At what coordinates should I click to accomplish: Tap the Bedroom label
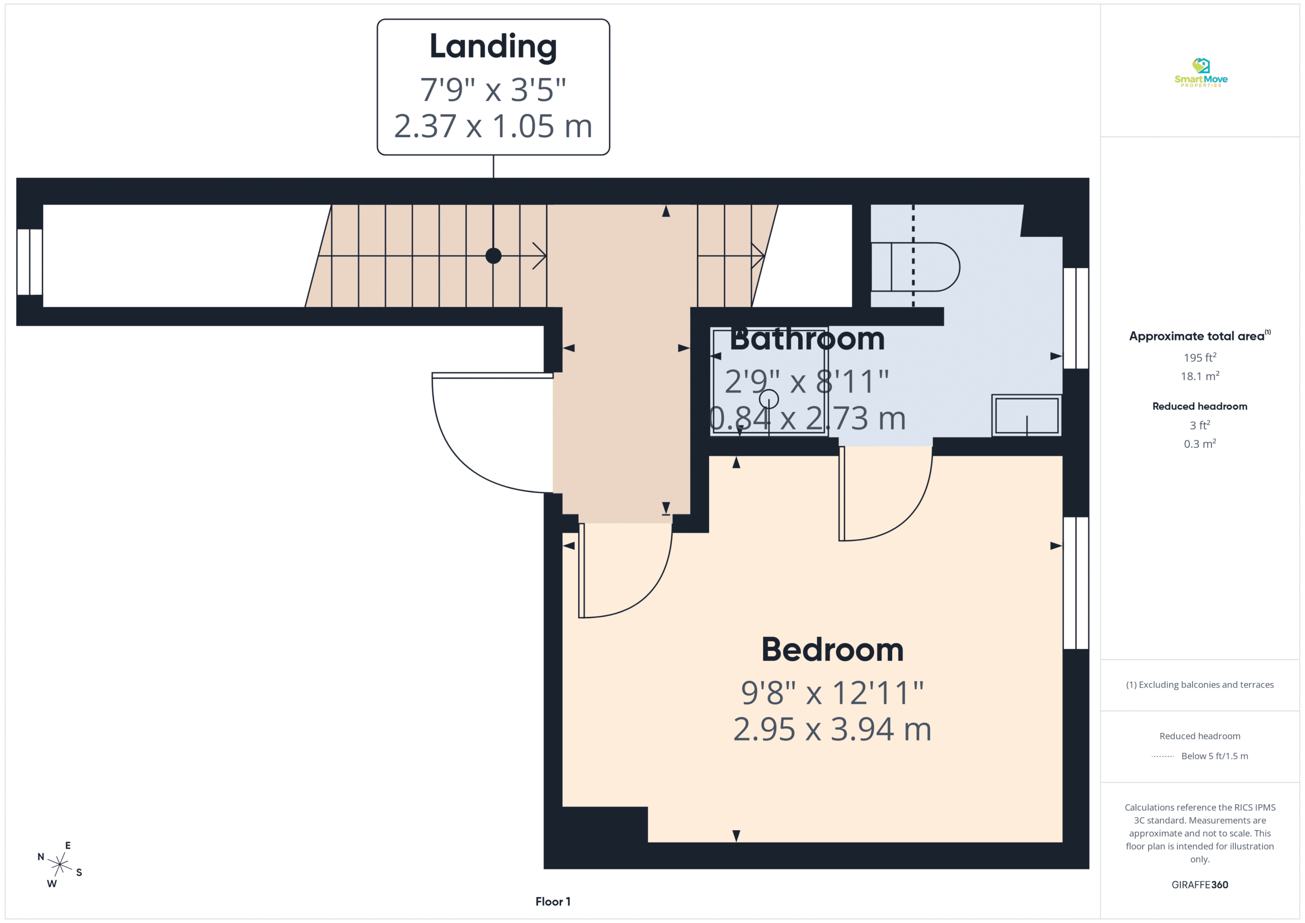coord(832,650)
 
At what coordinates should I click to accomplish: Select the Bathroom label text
coord(807,339)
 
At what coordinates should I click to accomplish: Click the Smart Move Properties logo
coord(1200,72)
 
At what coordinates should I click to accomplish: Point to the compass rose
coord(60,864)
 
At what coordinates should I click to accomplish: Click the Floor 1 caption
coord(553,902)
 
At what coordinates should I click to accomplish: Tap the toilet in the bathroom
coord(915,267)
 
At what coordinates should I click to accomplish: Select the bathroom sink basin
coord(1027,415)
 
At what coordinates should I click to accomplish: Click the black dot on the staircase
coord(493,256)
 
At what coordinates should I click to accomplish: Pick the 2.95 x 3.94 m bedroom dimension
coord(832,729)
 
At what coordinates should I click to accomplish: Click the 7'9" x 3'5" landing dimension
coord(493,90)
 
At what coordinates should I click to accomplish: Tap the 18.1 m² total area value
coord(1200,376)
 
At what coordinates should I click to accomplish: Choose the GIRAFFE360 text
coord(1200,884)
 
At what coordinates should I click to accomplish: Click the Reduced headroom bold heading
coord(1200,406)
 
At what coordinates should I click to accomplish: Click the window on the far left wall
coord(30,262)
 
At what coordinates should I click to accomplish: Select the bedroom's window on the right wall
coord(1076,583)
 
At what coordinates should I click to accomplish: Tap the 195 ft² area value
coord(1200,357)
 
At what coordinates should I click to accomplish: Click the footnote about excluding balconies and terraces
coord(1200,685)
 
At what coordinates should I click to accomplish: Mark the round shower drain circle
coord(769,399)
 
